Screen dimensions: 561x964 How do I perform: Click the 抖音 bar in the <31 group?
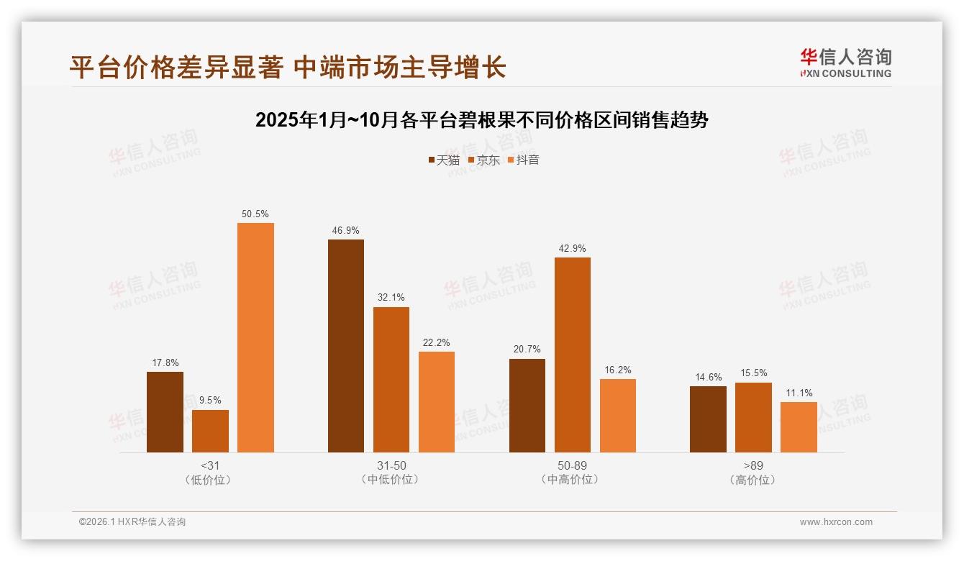click(x=255, y=337)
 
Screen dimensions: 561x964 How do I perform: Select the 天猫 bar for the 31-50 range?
click(x=346, y=346)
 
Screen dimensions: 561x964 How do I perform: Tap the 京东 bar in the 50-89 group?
click(x=572, y=355)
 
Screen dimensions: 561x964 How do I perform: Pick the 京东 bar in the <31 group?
click(x=210, y=431)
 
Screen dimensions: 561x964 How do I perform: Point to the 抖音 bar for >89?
click(x=799, y=427)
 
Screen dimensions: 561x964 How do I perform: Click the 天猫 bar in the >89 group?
click(x=708, y=419)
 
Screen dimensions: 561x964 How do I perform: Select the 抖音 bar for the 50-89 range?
click(x=617, y=416)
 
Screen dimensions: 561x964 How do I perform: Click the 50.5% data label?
click(x=255, y=214)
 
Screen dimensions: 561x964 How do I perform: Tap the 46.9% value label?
click(x=346, y=231)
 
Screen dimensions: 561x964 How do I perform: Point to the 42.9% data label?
click(x=572, y=249)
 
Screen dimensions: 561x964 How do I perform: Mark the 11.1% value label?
click(x=799, y=393)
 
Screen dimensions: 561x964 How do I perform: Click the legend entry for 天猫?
click(x=444, y=160)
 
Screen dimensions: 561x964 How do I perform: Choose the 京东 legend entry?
click(x=483, y=160)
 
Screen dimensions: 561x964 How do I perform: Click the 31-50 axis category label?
click(x=391, y=465)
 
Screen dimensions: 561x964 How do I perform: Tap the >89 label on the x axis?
click(x=753, y=465)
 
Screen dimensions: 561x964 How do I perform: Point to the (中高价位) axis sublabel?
click(x=572, y=480)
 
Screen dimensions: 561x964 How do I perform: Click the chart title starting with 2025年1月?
click(x=481, y=120)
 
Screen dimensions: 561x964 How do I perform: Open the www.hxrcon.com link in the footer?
click(x=836, y=522)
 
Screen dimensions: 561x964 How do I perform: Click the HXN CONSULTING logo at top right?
click(x=846, y=63)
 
